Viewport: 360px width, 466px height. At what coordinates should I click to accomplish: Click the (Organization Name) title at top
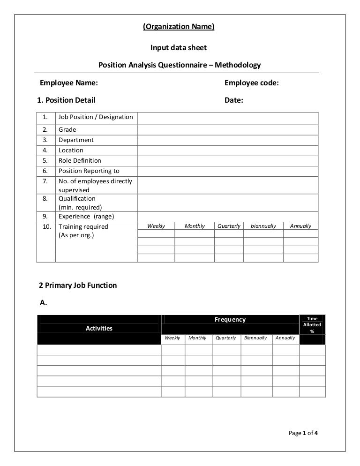point(178,27)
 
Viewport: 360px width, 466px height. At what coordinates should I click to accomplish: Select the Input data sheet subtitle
point(178,48)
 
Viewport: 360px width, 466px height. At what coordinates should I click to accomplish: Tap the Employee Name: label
point(69,83)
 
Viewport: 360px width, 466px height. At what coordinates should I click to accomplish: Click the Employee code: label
point(252,83)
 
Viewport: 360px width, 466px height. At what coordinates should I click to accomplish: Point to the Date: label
point(234,100)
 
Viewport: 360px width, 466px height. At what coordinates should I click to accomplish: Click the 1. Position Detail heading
point(66,100)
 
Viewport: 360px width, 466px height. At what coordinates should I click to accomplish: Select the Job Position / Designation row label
point(96,117)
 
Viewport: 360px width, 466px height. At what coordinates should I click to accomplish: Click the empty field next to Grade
point(228,130)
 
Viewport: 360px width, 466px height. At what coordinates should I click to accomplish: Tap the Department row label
point(76,140)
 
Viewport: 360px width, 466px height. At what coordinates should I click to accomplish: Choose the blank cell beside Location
point(228,150)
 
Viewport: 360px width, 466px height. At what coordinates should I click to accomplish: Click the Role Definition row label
point(80,161)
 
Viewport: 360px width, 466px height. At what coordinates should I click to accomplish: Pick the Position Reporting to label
point(89,171)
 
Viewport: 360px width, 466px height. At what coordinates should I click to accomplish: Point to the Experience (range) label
point(86,217)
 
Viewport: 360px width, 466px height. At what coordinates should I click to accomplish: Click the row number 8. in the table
point(45,199)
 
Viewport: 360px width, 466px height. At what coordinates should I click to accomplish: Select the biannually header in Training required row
point(263,226)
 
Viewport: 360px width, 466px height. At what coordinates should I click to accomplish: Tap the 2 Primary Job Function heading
point(77,285)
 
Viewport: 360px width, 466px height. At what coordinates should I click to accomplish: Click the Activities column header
point(99,328)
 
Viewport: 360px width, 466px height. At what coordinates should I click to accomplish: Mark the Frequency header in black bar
point(230,320)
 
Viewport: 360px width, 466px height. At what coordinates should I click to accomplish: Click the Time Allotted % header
point(312,324)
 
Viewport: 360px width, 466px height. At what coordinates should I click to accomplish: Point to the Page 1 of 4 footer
point(303,433)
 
